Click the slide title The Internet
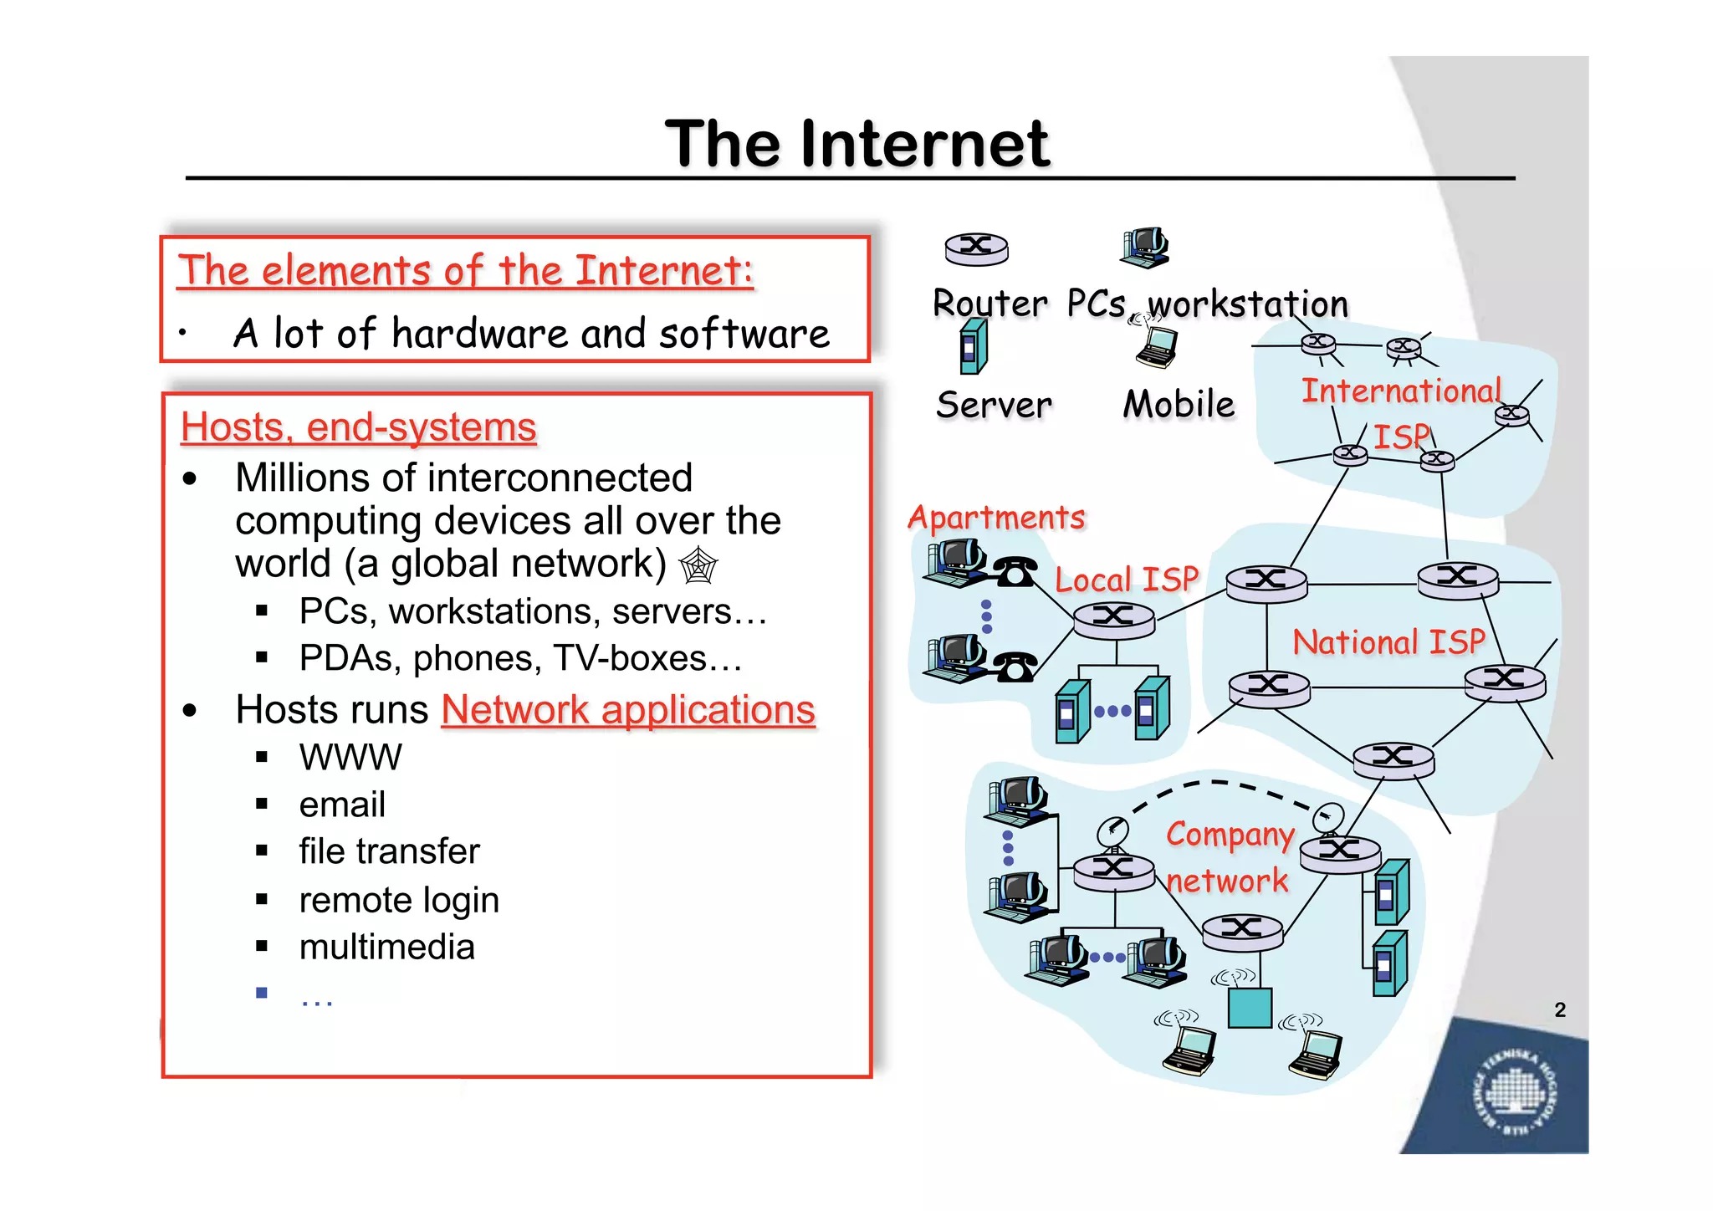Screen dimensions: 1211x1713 tap(856, 144)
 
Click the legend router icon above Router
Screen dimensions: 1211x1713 tap(976, 248)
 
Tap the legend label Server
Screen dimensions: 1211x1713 tap(994, 406)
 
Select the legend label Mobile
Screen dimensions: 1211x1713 tap(1179, 405)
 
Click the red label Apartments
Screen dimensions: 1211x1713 tap(996, 518)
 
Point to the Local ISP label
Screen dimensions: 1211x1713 tap(1127, 580)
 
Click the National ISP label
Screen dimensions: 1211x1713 tap(1388, 642)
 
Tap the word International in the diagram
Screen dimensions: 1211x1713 tap(1401, 391)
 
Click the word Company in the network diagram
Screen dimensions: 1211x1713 tap(1230, 835)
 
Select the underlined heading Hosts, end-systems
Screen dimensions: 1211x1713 tap(358, 427)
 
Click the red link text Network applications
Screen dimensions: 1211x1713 tap(627, 710)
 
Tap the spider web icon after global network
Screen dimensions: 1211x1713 tap(698, 565)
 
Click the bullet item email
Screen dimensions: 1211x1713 tap(342, 805)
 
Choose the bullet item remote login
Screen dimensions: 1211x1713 tap(399, 900)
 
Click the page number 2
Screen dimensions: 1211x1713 tap(1560, 1009)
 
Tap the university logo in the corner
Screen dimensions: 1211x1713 tap(1514, 1094)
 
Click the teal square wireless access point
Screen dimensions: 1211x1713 tap(1250, 1007)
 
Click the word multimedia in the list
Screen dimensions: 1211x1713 tap(386, 948)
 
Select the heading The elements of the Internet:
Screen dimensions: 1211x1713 tap(465, 271)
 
